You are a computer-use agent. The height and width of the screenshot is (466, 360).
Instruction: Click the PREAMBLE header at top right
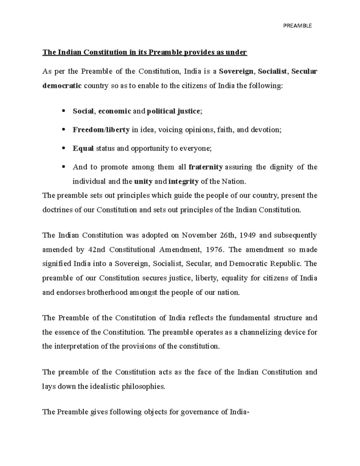click(297, 26)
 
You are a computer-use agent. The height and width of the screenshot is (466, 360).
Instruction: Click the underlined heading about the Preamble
click(144, 53)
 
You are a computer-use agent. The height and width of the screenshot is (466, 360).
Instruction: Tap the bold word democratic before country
click(62, 86)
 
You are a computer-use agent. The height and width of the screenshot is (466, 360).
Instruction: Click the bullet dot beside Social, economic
click(63, 111)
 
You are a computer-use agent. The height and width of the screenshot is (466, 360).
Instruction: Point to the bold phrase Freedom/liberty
click(101, 130)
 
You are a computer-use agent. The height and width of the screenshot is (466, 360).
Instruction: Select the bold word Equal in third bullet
click(83, 149)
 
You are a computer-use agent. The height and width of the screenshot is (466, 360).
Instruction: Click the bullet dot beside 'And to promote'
click(63, 167)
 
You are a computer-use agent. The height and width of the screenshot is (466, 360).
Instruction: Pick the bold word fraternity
click(205, 167)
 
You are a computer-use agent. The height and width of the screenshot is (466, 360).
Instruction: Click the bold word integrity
click(184, 182)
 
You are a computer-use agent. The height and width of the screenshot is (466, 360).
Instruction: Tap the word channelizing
click(265, 332)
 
